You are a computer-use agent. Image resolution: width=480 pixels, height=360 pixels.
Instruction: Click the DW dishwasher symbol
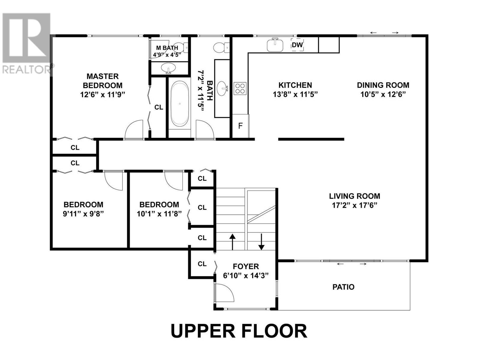pyautogui.click(x=297, y=45)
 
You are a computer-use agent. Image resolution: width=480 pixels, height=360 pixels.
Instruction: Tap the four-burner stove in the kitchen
pyautogui.click(x=240, y=88)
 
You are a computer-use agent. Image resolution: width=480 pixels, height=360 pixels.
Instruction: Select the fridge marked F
pyautogui.click(x=240, y=126)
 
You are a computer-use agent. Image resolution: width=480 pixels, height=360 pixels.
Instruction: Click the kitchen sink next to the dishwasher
pyautogui.click(x=275, y=45)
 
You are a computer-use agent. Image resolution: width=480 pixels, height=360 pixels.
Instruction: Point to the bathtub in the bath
pyautogui.click(x=180, y=104)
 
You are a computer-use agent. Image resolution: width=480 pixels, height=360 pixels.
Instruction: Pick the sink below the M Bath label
pyautogui.click(x=168, y=68)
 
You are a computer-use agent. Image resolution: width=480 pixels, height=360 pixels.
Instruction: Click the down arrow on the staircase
pyautogui.click(x=261, y=242)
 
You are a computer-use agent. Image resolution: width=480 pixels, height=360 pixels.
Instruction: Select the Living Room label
pyautogui.click(x=355, y=196)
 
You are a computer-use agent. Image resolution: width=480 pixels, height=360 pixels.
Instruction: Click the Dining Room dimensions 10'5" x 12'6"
pyautogui.click(x=383, y=94)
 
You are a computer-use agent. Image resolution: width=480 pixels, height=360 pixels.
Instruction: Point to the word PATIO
pyautogui.click(x=343, y=287)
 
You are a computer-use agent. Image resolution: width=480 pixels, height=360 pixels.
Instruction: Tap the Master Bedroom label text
pyautogui.click(x=103, y=81)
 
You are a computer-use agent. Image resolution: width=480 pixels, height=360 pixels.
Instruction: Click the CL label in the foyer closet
pyautogui.click(x=202, y=264)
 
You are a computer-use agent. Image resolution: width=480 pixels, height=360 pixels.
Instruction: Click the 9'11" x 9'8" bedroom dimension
pyautogui.click(x=83, y=214)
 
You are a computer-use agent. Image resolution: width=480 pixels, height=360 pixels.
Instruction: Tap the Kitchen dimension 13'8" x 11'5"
pyautogui.click(x=295, y=94)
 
